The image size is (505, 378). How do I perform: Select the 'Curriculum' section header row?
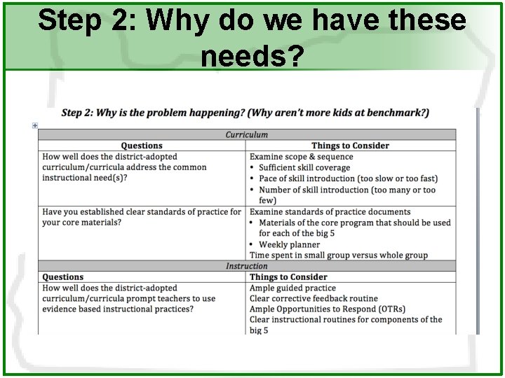click(246, 134)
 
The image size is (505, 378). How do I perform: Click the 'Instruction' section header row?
click(246, 266)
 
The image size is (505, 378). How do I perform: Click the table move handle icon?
click(34, 125)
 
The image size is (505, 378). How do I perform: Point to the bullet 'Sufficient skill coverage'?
click(304, 168)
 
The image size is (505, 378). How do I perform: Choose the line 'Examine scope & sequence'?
click(301, 157)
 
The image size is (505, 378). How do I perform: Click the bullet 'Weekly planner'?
click(289, 244)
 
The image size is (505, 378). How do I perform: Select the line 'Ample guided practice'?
click(292, 288)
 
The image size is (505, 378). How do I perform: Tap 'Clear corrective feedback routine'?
click(314, 298)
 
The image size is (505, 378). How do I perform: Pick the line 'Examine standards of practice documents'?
click(330, 211)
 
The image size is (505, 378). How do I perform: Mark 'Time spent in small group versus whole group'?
click(338, 255)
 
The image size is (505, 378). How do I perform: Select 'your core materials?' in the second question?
click(81, 223)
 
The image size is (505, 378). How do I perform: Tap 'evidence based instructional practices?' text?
click(118, 309)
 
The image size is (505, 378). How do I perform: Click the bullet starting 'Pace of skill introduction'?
click(348, 178)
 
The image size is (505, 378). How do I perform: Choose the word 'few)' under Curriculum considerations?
click(267, 200)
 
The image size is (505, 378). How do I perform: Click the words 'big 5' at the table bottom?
click(259, 330)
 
